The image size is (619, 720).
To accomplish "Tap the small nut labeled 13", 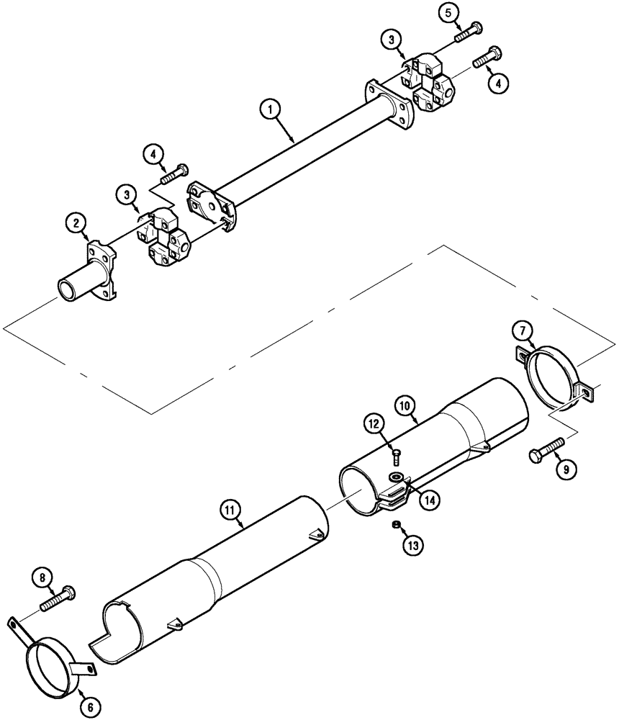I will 394,524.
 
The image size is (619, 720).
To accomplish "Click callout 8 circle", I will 42,577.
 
